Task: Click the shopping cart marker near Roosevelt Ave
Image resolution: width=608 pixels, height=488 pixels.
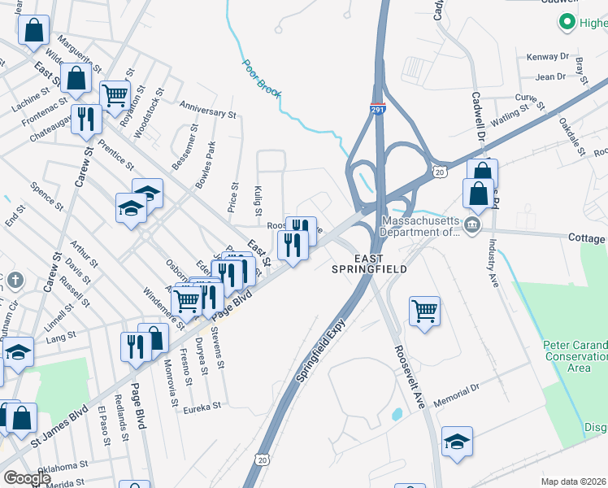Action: tap(425, 311)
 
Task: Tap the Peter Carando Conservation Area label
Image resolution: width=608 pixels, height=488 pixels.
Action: tap(575, 357)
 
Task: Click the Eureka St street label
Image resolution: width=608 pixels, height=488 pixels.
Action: tap(202, 408)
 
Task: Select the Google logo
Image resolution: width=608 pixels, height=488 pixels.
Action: tap(28, 478)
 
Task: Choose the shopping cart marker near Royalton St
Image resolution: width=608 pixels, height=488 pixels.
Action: tap(115, 94)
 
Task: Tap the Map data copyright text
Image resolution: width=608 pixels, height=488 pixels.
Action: tap(573, 481)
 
